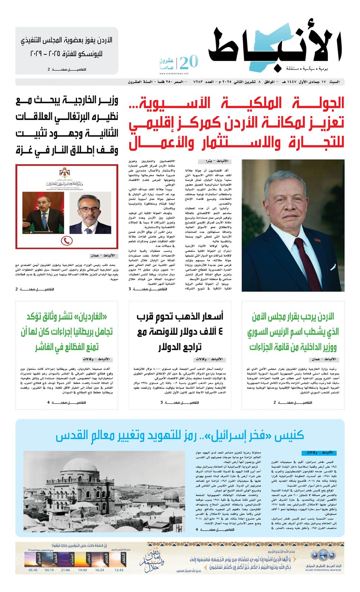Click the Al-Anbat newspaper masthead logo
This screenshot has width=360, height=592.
[x=276, y=48]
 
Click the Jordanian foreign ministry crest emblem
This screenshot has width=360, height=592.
[x=67, y=172]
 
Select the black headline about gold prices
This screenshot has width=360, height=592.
[x=180, y=332]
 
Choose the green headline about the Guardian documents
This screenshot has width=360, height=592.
[x=67, y=332]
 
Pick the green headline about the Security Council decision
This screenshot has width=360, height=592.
[x=293, y=332]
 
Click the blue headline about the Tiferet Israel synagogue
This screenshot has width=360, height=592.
[x=180, y=435]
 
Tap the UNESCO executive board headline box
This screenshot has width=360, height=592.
[x=67, y=50]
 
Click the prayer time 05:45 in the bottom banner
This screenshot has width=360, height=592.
[x=33, y=570]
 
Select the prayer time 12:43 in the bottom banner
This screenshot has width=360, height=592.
[x=119, y=570]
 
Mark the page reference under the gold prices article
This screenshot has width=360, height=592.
[x=180, y=403]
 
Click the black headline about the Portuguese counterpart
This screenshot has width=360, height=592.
[x=67, y=125]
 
